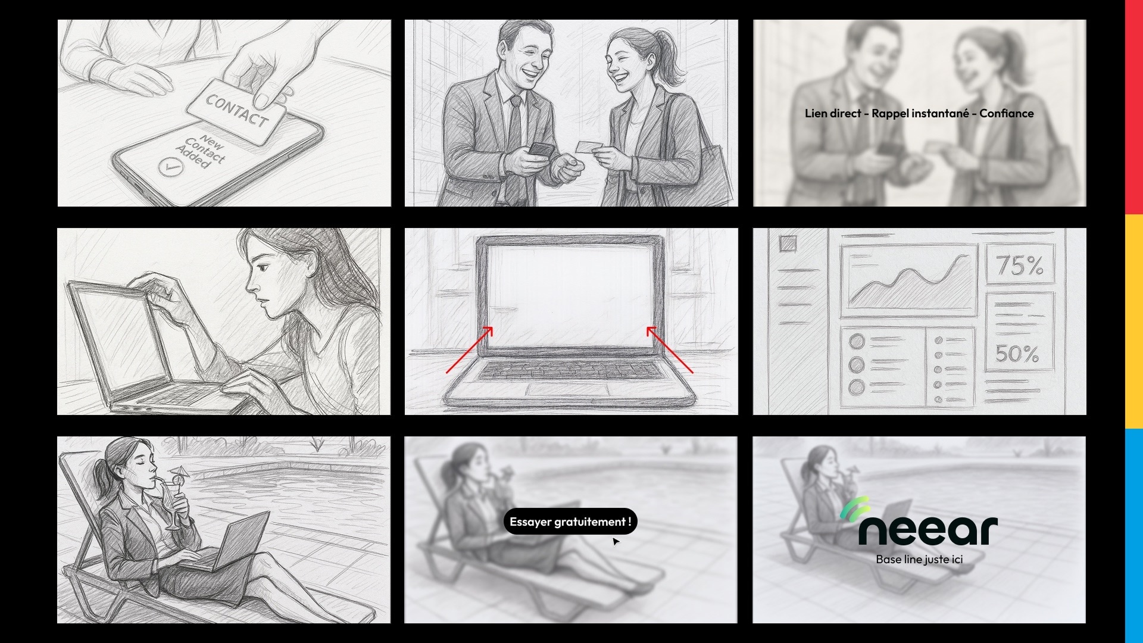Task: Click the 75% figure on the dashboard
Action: pos(1020,265)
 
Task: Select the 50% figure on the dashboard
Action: pos(1017,354)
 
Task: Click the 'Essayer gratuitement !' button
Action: pos(570,522)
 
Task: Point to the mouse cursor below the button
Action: pos(616,541)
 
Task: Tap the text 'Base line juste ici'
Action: pos(919,559)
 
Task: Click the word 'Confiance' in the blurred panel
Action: pos(1006,113)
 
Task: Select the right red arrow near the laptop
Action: pos(670,350)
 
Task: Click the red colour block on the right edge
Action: pos(1134,107)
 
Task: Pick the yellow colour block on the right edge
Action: pos(1134,321)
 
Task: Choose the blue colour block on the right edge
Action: pos(1134,536)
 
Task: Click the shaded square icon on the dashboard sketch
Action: pos(788,244)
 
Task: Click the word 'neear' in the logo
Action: pos(928,530)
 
